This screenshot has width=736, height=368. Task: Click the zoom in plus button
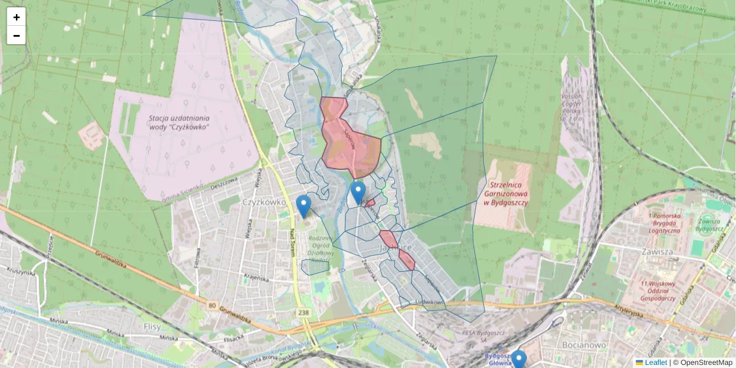pyautogui.click(x=17, y=17)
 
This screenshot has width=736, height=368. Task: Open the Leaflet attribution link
pyautogui.click(x=655, y=362)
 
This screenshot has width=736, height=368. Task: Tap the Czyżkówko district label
pyautogui.click(x=265, y=201)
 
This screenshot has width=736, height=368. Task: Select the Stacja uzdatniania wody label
pyautogui.click(x=179, y=122)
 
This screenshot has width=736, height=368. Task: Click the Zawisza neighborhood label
pyautogui.click(x=654, y=251)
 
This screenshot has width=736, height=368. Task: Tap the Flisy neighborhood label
pyautogui.click(x=152, y=326)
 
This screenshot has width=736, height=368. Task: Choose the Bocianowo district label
pyautogui.click(x=585, y=345)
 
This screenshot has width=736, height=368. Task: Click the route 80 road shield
pyautogui.click(x=212, y=305)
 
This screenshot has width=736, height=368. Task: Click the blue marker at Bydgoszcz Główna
pyautogui.click(x=519, y=359)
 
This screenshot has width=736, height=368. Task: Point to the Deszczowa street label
pyautogui.click(x=223, y=183)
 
